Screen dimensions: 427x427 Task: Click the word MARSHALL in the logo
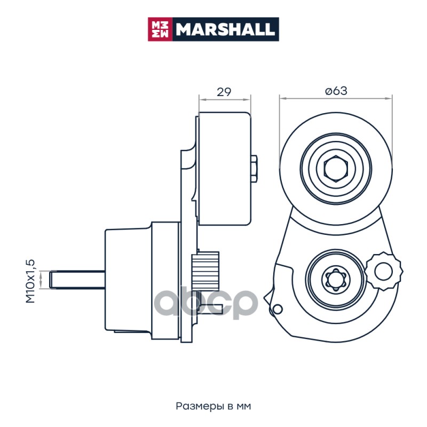click(x=225, y=29)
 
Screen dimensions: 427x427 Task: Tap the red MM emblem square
click(x=160, y=29)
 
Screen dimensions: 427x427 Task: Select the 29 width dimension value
click(x=224, y=92)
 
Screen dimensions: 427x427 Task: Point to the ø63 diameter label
click(x=336, y=91)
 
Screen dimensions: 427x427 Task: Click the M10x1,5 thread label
click(x=30, y=281)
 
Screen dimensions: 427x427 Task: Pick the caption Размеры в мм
click(x=213, y=406)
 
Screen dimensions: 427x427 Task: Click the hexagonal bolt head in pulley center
click(x=336, y=169)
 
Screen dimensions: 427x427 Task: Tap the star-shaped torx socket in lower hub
click(x=336, y=279)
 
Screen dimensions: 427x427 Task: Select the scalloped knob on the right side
click(x=384, y=271)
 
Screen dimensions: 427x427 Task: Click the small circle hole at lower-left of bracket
click(x=277, y=309)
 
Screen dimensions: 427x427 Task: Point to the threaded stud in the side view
click(x=77, y=280)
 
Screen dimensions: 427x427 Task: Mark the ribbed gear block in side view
click(x=205, y=271)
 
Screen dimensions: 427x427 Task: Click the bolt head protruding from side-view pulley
click(x=254, y=169)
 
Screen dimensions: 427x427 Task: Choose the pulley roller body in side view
click(x=225, y=169)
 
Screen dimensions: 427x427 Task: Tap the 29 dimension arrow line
click(x=225, y=100)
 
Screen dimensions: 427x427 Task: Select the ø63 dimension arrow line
click(x=336, y=99)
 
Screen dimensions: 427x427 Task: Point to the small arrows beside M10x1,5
click(x=41, y=280)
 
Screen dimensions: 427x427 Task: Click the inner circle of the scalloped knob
click(x=383, y=271)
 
